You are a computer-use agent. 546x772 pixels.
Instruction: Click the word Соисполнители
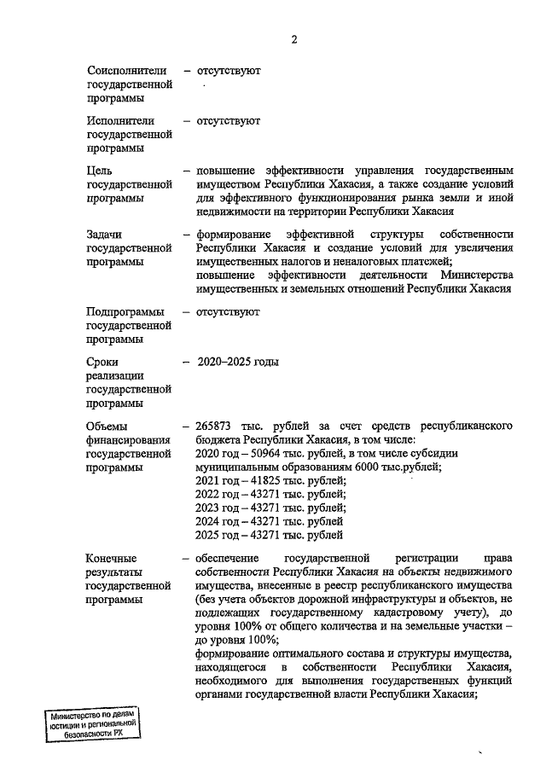tap(125, 71)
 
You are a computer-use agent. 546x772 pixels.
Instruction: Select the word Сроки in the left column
tap(103, 362)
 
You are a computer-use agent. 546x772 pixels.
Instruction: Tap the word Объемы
tap(107, 425)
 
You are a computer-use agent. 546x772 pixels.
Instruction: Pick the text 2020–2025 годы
tap(238, 362)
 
